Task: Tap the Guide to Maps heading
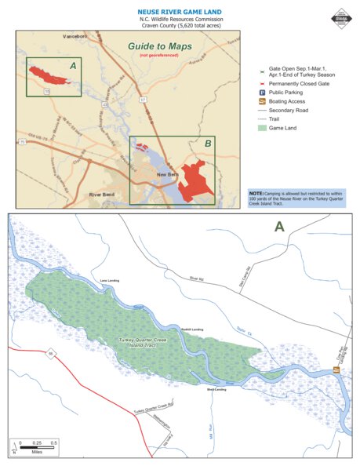[x=160, y=46]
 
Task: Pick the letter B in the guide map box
[x=207, y=144]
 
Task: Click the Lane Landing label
[x=97, y=279]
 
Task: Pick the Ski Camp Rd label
[x=243, y=279]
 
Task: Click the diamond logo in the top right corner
[x=341, y=18]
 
